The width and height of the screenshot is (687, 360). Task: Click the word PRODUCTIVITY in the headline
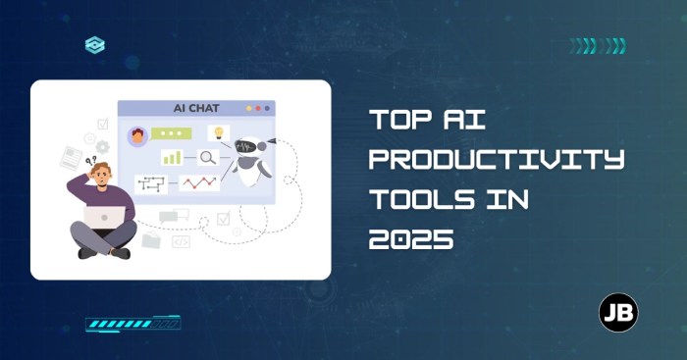pyautogui.click(x=496, y=159)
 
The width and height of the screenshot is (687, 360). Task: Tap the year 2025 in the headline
pyautogui.click(x=411, y=239)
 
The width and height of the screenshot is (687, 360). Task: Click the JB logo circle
pyautogui.click(x=618, y=313)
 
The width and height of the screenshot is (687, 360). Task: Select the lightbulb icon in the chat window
pyautogui.click(x=218, y=132)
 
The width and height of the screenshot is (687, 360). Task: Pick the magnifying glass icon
pyautogui.click(x=208, y=156)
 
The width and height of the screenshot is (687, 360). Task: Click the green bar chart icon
pyautogui.click(x=173, y=156)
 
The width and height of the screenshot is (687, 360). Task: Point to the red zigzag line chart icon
pyautogui.click(x=199, y=181)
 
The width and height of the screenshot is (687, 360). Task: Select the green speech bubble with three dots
pyautogui.click(x=173, y=133)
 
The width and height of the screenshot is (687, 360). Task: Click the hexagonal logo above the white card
pyautogui.click(x=94, y=44)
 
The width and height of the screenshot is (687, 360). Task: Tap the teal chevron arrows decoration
pyautogui.click(x=598, y=45)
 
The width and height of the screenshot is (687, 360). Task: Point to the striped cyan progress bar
pyautogui.click(x=132, y=322)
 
